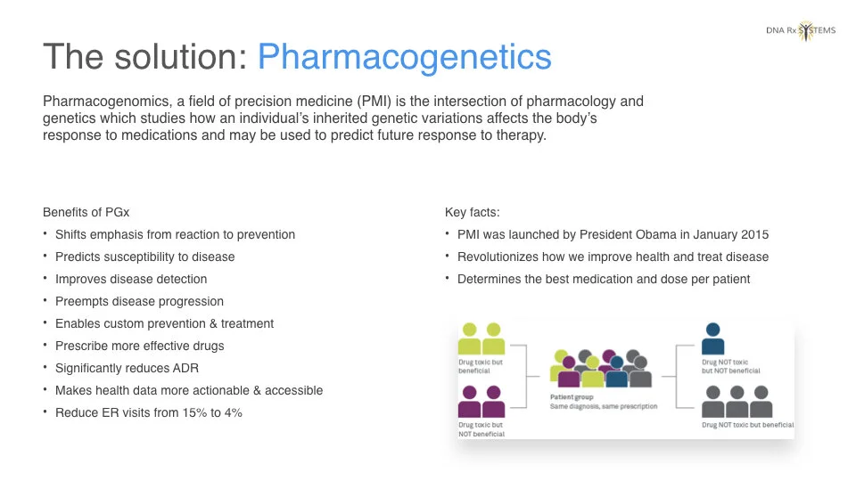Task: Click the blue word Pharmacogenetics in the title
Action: tap(405, 57)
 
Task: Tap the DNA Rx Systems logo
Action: tap(801, 30)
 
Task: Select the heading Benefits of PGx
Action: tap(86, 212)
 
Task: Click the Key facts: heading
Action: tap(473, 212)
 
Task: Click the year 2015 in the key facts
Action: tap(754, 234)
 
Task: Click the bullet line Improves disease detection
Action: tap(131, 279)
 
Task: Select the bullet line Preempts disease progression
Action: tap(139, 302)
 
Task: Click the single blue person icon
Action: tap(712, 338)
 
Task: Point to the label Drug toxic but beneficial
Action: tap(481, 366)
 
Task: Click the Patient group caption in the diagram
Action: tap(571, 397)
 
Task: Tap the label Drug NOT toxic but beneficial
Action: tap(747, 425)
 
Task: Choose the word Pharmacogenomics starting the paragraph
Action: tap(107, 102)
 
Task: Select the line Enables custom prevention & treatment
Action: tap(164, 324)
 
